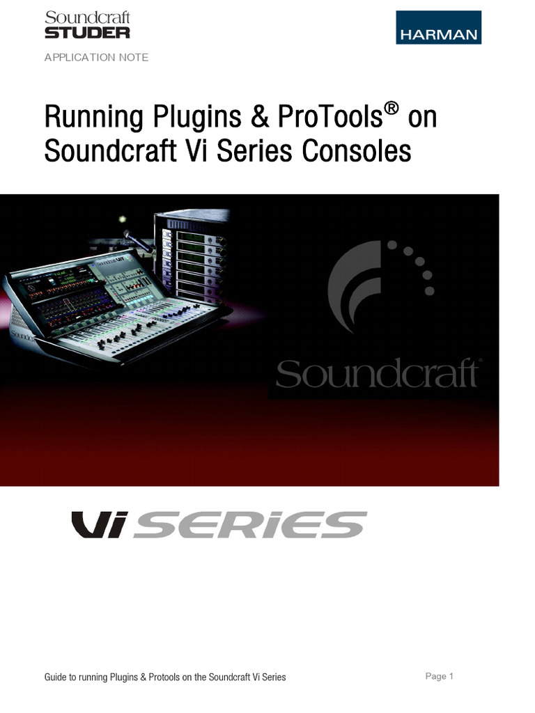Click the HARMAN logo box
tap(438, 27)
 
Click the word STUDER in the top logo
tap(87, 33)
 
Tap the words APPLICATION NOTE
tap(96, 57)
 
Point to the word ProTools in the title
tap(329, 117)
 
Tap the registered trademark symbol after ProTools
tap(393, 109)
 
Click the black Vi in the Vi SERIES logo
tap(99, 524)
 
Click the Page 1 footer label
tap(439, 676)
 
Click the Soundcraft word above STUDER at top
tap(87, 17)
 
